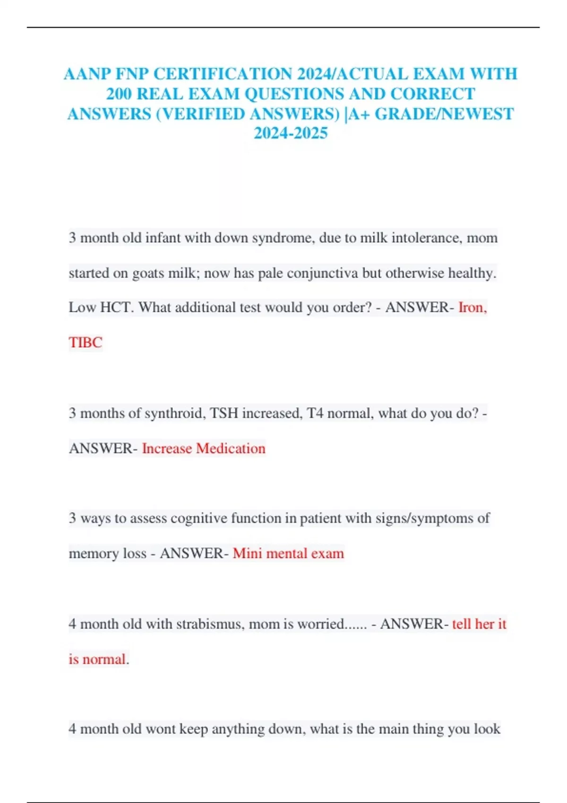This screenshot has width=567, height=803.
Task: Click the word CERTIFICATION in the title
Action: (x=223, y=74)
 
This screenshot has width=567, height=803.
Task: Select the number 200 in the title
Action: (x=119, y=94)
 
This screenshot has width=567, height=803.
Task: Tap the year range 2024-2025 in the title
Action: (x=291, y=133)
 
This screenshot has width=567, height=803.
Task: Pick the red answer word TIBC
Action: (x=86, y=342)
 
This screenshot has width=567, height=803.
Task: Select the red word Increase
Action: (x=167, y=448)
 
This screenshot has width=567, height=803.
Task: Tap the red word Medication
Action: (x=231, y=448)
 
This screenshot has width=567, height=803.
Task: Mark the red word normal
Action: (x=104, y=659)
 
